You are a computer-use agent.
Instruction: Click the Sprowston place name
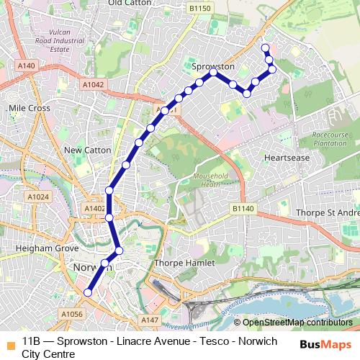click(214, 66)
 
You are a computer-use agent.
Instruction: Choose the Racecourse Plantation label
click(330, 138)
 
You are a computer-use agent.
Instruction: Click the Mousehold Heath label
click(211, 180)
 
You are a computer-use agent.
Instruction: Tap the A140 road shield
click(27, 66)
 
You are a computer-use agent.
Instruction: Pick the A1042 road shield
click(73, 84)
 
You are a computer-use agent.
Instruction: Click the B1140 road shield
click(243, 208)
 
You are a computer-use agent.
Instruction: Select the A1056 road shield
click(71, 314)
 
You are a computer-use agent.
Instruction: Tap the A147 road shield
click(150, 320)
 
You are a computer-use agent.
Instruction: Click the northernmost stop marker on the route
click(266, 48)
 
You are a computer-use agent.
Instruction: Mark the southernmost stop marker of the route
click(88, 292)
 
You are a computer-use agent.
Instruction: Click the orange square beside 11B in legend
click(10, 342)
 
